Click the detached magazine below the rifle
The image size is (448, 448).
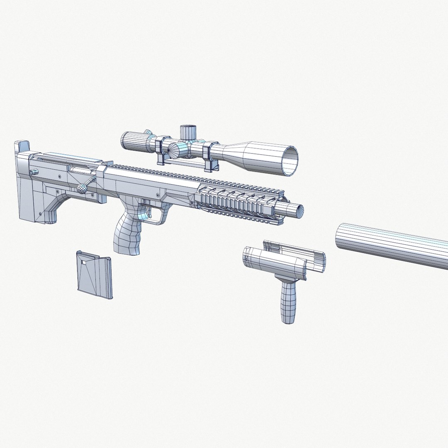coord(95,275)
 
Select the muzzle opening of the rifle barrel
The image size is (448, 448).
coord(297,212)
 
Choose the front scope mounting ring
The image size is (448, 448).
coord(209,156)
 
